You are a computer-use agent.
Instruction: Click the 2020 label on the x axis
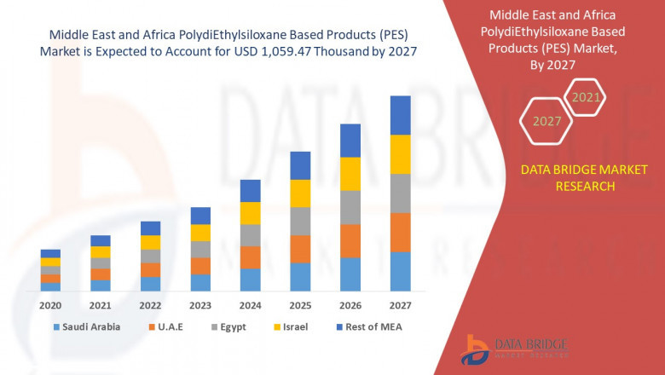(x=50, y=304)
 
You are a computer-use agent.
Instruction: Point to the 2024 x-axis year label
(x=250, y=304)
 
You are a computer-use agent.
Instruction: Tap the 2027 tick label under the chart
(x=400, y=304)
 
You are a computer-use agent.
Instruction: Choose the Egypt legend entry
(x=230, y=326)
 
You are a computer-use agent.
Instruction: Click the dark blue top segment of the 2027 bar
(x=400, y=115)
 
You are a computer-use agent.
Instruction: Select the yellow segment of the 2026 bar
(x=350, y=174)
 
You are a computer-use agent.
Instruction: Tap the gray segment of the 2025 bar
(x=300, y=221)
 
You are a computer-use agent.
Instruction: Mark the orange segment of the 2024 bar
(x=250, y=257)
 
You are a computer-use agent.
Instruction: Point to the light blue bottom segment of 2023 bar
(x=200, y=282)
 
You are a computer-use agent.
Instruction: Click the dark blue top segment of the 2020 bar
(x=50, y=253)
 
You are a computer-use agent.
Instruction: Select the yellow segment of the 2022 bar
(x=150, y=242)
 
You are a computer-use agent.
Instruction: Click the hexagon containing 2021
(x=586, y=98)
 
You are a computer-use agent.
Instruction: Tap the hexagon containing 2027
(x=547, y=121)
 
